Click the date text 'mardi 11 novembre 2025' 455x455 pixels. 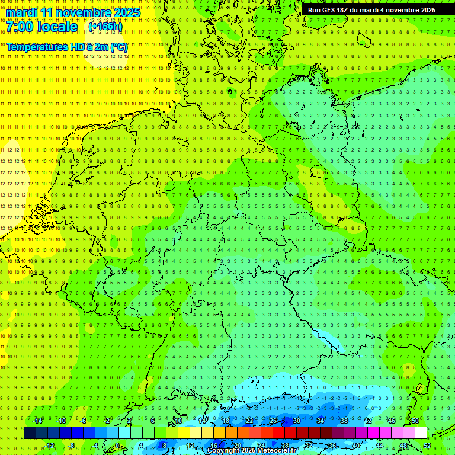[x=73, y=12]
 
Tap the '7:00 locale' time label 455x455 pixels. [x=42, y=27]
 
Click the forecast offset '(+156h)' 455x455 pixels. [x=105, y=27]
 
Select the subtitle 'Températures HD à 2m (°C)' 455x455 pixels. [x=67, y=47]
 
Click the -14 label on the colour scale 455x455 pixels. [x=37, y=421]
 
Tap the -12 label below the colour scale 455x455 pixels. [x=49, y=446]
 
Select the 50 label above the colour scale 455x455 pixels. [x=415, y=421]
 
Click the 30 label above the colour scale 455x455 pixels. [x=297, y=421]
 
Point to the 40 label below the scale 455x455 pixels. [x=355, y=446]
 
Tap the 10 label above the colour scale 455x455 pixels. [x=178, y=421]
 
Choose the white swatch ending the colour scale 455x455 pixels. [x=421, y=433]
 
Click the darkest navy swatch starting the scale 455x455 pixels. [x=30, y=433]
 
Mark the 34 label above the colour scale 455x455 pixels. [x=321, y=421]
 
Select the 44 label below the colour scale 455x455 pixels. [x=380, y=446]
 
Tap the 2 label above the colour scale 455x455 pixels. [x=129, y=421]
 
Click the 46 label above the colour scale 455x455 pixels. [x=392, y=421]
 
